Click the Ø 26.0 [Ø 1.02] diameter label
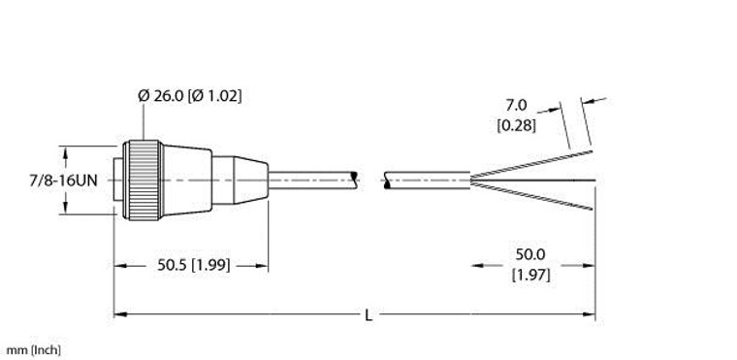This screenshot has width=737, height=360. pos(190,96)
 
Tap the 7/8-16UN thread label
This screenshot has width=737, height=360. pos(33,179)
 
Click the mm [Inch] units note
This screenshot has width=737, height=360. pos(31,348)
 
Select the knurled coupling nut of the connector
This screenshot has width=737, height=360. pos(144,179)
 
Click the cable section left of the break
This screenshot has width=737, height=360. pos(310,179)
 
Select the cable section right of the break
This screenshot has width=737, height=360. pos(427,179)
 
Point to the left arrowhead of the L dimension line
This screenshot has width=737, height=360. pos(120,314)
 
